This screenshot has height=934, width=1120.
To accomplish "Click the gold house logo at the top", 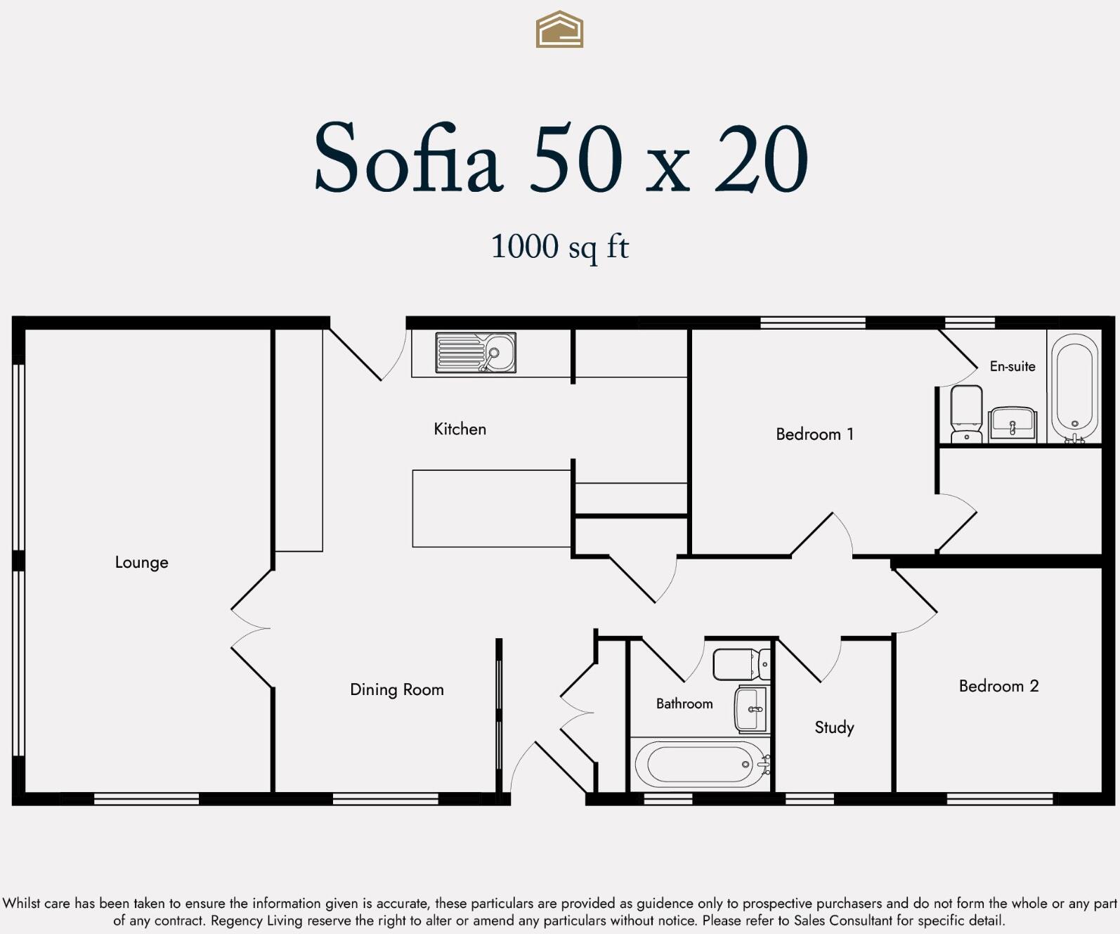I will [559, 30].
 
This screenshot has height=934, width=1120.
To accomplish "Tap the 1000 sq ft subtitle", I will [559, 247].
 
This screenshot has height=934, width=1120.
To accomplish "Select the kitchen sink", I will [476, 352].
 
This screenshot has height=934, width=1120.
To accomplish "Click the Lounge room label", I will [141, 562].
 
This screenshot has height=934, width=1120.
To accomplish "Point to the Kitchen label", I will [460, 429].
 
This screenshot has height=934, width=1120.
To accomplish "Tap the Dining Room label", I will [396, 689].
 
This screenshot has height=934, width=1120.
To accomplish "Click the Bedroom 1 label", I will [814, 434].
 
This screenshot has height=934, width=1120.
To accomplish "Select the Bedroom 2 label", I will [998, 686].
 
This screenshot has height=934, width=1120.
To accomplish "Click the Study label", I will [834, 727].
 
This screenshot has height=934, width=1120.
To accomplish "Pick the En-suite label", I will [1012, 366].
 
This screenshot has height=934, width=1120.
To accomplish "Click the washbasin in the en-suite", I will [1012, 424].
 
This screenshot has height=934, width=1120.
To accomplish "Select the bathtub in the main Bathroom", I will [700, 764].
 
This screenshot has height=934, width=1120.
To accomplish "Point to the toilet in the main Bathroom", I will [741, 664].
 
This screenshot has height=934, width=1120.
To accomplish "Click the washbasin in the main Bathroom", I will [752, 710].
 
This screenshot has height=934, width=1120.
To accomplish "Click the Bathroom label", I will [684, 703].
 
